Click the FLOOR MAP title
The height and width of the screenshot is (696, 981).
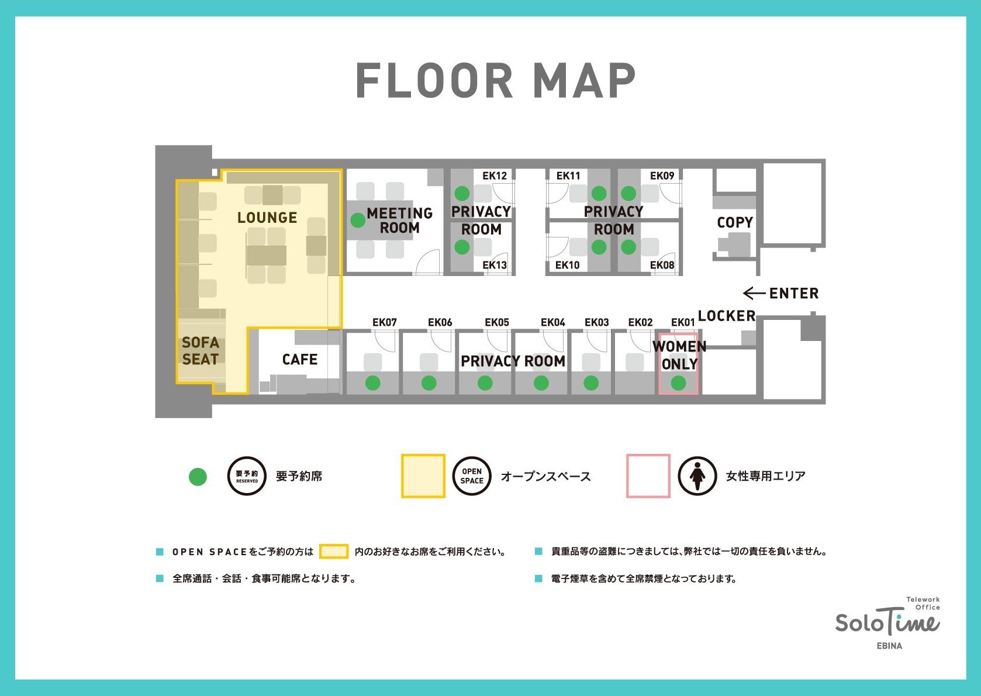coord(495,80)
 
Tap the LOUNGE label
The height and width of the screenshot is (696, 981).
coord(267,218)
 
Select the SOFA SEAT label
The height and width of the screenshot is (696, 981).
coord(200,351)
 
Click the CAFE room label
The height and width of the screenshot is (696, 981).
coord(299,360)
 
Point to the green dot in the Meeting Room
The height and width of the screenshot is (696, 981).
coord(358,220)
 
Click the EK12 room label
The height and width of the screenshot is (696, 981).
coord(495,175)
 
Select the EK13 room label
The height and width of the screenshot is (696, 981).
coord(495,265)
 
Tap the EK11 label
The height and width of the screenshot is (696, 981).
coord(568,175)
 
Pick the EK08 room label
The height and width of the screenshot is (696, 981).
coord(662,265)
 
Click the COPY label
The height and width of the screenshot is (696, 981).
coord(735,222)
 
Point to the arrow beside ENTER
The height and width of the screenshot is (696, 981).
coord(754,293)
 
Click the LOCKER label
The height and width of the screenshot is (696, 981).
coord(727,316)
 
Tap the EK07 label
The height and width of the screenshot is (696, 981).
coord(385,322)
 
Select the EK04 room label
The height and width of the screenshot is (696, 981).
coord(552,322)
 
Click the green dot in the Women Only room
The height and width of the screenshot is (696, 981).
coord(678,383)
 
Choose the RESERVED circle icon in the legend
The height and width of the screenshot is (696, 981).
coord(247,476)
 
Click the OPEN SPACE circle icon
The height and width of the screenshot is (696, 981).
coord(472,476)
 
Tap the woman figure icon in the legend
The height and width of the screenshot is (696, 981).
coord(697,476)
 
